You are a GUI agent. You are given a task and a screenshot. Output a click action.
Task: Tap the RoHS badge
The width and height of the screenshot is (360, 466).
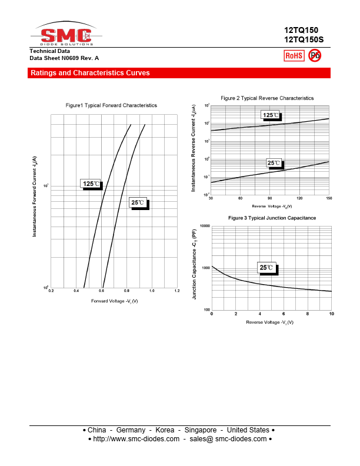point(294,56)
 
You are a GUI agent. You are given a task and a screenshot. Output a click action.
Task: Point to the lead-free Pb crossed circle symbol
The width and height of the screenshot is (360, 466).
point(315,55)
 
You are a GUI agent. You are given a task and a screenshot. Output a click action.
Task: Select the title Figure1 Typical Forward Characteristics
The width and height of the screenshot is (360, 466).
point(111,105)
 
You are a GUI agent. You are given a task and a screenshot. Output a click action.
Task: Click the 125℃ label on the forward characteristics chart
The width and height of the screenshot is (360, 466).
point(91,184)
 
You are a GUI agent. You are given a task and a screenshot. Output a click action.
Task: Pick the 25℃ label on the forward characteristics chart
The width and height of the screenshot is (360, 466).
point(138,203)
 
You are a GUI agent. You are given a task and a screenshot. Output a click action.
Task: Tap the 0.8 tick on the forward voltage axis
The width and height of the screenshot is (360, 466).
point(126,291)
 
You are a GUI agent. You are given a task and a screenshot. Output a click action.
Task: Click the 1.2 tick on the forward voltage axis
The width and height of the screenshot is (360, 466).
point(176,291)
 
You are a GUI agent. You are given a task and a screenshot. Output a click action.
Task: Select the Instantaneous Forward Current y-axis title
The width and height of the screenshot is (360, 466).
point(35,197)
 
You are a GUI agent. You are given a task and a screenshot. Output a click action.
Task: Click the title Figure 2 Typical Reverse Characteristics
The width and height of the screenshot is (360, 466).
point(267,98)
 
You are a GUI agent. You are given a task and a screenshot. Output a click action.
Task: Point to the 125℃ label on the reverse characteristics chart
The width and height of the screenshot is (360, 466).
point(271,115)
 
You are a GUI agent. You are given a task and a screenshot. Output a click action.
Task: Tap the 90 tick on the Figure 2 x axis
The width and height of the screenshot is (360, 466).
point(270,198)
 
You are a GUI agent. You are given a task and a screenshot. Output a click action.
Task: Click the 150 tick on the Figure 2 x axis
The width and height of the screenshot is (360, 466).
point(328,198)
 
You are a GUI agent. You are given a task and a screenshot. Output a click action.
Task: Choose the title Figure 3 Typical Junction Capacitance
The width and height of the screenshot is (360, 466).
point(272,218)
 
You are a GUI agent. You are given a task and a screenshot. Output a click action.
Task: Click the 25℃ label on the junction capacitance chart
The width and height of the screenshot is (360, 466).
point(266,268)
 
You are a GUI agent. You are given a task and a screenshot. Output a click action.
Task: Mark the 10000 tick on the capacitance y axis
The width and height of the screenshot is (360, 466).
point(205,227)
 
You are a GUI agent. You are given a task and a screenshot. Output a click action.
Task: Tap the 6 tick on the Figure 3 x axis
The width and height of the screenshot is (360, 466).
point(284,314)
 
